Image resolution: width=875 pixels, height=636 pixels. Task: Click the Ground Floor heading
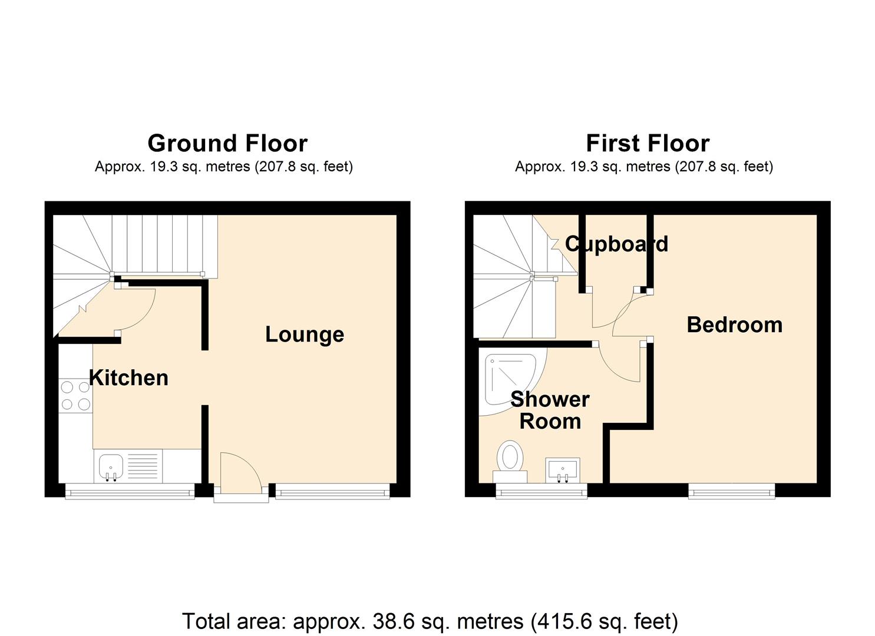227,143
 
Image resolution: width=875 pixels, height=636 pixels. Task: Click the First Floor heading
648,143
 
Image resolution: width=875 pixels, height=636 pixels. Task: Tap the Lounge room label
305,334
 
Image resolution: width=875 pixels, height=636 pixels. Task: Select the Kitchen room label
129,377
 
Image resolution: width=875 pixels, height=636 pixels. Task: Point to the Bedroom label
735,325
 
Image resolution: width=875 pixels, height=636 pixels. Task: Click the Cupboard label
617,244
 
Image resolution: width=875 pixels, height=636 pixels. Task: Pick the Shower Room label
550,410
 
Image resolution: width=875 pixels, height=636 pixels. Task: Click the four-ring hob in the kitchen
75,396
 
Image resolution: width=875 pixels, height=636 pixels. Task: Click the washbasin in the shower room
563,471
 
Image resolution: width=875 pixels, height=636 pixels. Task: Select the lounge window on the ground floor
332,492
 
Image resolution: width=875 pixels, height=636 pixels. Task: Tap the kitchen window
130,492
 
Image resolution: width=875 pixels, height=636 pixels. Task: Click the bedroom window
732,492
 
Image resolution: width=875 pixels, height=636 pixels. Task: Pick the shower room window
541,492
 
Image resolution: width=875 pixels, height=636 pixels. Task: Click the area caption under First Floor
644,167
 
